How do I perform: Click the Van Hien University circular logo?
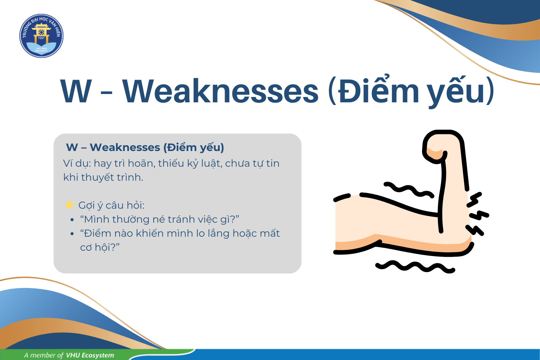pos(41,36)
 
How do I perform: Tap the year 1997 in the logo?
pos(41,38)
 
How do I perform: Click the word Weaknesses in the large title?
pos(220,91)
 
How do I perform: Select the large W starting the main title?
pos(76,91)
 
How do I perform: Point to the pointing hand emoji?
pos(70,205)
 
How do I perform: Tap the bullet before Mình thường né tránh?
pos(72,220)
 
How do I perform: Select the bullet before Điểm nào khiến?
pos(72,234)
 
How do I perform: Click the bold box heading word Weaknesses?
pos(125,147)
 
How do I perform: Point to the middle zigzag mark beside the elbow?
pos(479,215)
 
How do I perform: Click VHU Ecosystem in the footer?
pos(90,355)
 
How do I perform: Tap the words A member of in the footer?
pos(44,355)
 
